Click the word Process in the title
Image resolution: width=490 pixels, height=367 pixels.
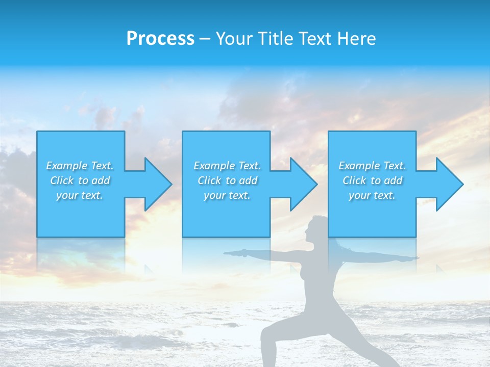pos(160,39)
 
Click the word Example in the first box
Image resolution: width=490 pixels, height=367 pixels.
pos(66,166)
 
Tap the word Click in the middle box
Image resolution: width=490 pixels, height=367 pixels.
pos(209,180)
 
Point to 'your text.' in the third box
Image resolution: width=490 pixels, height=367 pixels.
pos(372,195)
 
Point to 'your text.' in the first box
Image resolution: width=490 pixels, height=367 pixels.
pos(80,195)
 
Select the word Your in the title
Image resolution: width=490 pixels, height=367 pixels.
pos(233,39)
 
